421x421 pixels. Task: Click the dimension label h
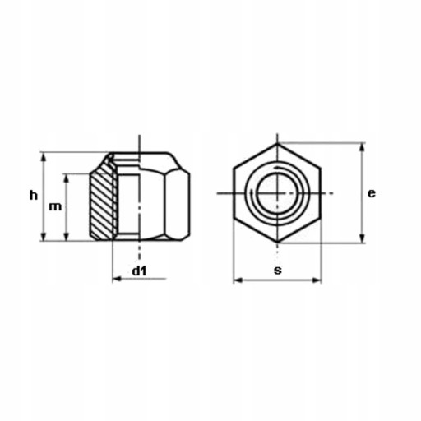click(34, 196)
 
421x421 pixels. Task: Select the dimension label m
click(55, 207)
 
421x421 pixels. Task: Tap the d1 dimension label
click(139, 271)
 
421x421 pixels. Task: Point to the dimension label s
click(278, 271)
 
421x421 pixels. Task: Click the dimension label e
click(372, 193)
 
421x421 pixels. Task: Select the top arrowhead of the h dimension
click(43, 158)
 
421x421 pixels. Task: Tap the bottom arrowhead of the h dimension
click(43, 236)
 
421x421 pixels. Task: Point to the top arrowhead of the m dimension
click(66, 179)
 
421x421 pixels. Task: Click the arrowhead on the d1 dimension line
click(118, 279)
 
